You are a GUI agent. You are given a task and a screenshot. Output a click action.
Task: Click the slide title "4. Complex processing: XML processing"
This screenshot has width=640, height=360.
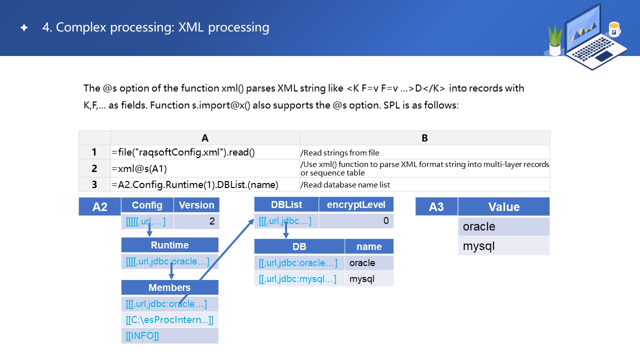(x=155, y=27)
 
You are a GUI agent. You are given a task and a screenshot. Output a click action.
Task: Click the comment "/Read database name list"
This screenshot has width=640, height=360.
(x=345, y=185)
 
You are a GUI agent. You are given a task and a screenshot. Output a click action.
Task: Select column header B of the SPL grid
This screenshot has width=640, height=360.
(x=424, y=138)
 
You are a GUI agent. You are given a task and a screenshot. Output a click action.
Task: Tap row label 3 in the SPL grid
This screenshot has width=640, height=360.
(x=94, y=184)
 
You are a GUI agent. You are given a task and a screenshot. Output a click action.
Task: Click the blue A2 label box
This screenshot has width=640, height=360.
(x=100, y=206)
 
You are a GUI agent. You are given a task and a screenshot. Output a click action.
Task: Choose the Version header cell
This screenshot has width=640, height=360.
(x=196, y=205)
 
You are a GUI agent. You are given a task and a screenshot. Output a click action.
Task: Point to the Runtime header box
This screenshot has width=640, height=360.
(x=170, y=245)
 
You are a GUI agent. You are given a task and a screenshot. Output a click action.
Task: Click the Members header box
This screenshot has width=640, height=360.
(x=170, y=287)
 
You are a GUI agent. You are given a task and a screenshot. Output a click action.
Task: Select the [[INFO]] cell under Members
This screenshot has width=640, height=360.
(x=170, y=336)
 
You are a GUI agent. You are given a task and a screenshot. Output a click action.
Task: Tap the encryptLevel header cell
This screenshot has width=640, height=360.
(x=356, y=204)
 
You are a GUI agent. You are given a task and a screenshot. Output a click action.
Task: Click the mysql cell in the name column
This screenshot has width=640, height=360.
(x=369, y=279)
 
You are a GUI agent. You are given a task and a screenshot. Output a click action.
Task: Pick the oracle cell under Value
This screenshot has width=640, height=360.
(x=503, y=226)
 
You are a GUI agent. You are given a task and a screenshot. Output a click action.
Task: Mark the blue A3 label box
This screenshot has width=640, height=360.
(x=436, y=206)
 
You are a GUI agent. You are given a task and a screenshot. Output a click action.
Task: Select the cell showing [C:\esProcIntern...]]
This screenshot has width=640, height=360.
(x=170, y=320)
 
